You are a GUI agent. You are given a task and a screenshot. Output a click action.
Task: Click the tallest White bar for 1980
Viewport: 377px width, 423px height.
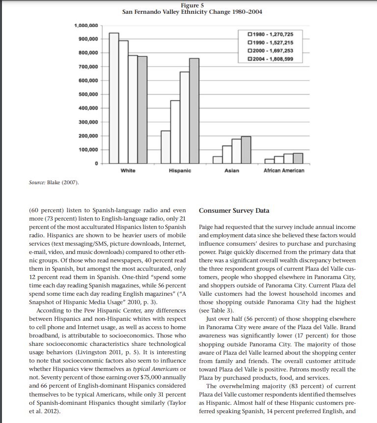pos(114,98)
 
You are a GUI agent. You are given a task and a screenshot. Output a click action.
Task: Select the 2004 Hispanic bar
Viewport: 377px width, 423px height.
pos(195,111)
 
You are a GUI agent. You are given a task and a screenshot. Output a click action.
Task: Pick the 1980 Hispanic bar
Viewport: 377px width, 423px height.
pos(166,146)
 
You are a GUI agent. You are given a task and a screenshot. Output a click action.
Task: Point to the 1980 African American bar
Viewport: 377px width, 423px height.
pos(269,161)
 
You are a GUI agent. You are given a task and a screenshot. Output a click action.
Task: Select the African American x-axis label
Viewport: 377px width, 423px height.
pos(284,170)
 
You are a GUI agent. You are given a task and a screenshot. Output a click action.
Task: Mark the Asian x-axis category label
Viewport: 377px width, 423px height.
pos(232,170)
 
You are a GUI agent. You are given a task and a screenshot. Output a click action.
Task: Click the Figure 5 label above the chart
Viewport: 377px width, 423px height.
pos(189,5)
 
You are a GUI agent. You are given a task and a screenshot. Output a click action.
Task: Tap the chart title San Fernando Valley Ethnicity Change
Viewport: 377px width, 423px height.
pos(189,11)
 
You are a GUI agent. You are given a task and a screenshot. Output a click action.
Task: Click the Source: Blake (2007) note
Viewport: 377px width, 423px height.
pos(51,183)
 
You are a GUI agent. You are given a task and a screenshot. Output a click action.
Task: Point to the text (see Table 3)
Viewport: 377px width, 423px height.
pos(215,310)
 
